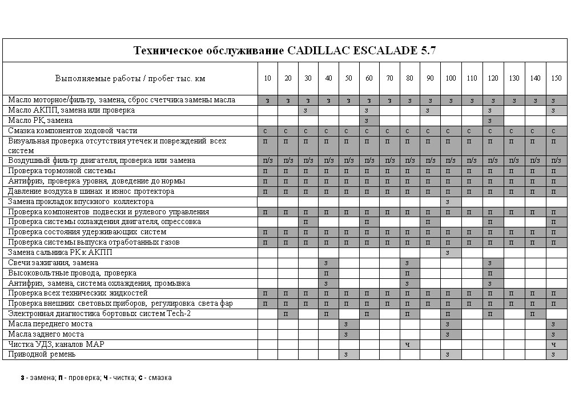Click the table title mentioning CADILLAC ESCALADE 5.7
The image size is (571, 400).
285,50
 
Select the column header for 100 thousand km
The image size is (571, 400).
451,78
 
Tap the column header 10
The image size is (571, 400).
267,78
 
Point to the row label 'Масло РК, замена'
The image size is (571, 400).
41,121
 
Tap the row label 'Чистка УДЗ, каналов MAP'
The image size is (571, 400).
56,345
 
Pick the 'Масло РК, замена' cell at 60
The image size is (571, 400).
369,121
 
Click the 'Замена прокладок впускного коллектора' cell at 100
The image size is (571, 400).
451,202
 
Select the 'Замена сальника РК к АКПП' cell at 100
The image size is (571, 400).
451,253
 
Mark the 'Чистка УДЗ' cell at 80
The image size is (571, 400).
409,345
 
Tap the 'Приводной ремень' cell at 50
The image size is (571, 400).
348,354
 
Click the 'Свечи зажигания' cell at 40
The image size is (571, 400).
328,263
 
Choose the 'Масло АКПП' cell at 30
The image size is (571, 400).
308,110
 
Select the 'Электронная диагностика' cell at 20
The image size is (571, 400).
287,314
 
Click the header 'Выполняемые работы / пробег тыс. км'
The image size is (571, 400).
130,78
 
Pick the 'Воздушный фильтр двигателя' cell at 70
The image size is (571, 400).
389,161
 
